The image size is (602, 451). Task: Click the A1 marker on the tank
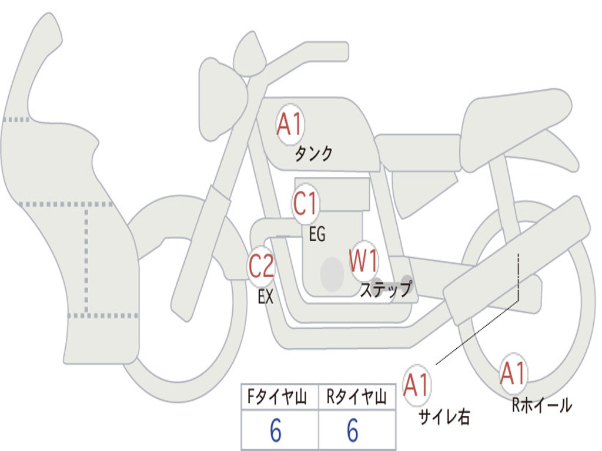(x=290, y=124)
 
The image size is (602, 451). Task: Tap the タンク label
(x=313, y=154)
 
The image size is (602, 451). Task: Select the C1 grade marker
(x=306, y=203)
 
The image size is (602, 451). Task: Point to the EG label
(x=317, y=234)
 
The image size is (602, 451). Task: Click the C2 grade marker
(x=262, y=265)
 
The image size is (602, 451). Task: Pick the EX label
(x=266, y=297)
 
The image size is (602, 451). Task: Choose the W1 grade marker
(x=363, y=261)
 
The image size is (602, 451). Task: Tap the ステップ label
(x=386, y=289)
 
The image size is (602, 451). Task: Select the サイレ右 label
(x=444, y=417)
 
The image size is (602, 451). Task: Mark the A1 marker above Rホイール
(x=513, y=373)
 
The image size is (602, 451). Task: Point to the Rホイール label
(x=541, y=405)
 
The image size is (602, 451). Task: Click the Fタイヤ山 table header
(x=277, y=397)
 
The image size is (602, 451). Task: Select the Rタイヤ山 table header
(x=357, y=397)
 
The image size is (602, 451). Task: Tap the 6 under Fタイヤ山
(x=276, y=430)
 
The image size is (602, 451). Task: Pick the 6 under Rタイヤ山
(x=353, y=430)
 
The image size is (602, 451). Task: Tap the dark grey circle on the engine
(x=332, y=274)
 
